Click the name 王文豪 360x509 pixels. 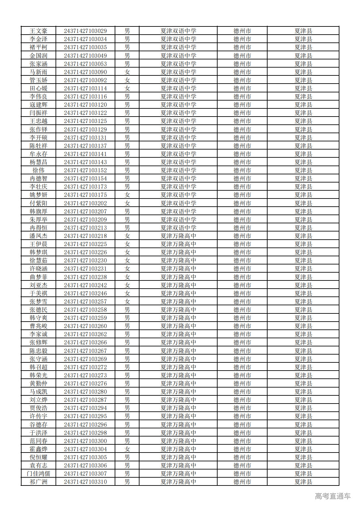(38, 31)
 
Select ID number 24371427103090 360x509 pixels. (85, 72)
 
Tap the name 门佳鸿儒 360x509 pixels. (38, 473)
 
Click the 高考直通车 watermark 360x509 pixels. (332, 496)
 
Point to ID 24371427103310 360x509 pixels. (85, 482)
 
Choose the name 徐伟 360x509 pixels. (38, 170)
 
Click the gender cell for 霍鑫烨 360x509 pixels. (127, 449)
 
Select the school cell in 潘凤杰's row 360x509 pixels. (178, 236)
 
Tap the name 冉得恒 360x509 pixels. (38, 228)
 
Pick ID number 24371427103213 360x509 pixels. (85, 228)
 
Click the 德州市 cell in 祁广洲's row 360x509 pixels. (242, 482)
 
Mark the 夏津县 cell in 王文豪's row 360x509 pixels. (303, 31)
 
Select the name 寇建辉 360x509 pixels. (38, 104)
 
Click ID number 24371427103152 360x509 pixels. (85, 170)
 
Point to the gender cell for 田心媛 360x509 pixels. (127, 88)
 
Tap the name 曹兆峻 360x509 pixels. (38, 326)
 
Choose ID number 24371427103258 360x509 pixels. (85, 310)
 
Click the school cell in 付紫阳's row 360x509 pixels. (178, 203)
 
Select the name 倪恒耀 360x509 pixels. (38, 457)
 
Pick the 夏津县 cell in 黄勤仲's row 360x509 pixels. (303, 383)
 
